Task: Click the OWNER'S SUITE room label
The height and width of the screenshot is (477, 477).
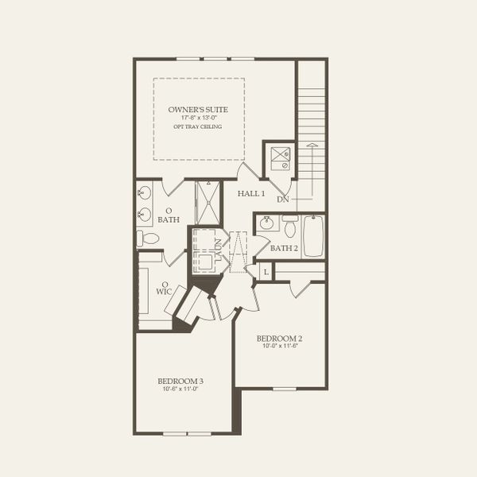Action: point(199,109)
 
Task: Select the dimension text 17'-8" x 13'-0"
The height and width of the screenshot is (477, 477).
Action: point(199,118)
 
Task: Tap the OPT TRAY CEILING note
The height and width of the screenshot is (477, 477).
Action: point(199,126)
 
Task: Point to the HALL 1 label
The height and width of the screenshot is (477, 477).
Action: point(250,193)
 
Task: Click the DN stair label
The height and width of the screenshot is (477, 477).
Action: point(282,200)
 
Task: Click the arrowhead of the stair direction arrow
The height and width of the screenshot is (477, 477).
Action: point(312,146)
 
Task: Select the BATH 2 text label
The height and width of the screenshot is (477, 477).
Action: point(283,248)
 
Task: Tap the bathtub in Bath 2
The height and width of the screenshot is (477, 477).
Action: point(313,235)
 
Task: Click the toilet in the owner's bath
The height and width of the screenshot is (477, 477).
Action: point(148,238)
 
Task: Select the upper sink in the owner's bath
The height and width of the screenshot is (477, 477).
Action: point(145,193)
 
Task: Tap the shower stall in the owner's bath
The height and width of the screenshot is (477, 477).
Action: point(210,202)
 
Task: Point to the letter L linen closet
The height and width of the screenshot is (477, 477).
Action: point(265,273)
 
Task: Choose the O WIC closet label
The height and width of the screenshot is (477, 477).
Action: point(165,288)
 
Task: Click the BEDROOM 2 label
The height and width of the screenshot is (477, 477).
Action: point(279,338)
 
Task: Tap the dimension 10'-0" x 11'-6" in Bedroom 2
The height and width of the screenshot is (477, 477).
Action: point(279,347)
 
